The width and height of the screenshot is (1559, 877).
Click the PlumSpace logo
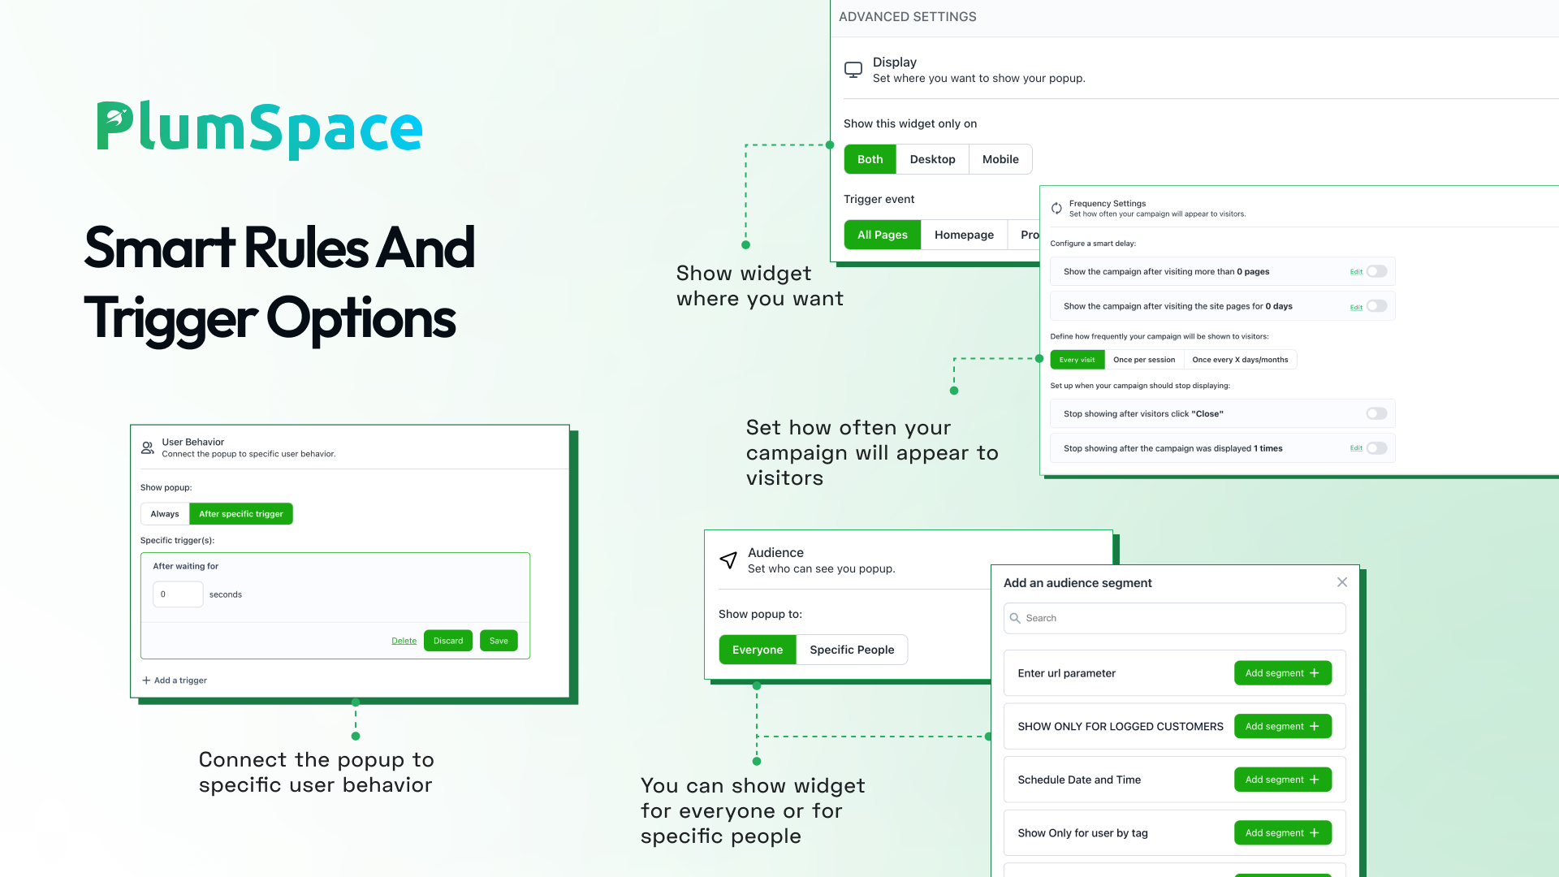[x=260, y=127]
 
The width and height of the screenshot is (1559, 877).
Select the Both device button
[x=870, y=159]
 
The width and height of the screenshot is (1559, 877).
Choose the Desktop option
[x=932, y=159]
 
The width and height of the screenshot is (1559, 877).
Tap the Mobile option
[x=1000, y=159]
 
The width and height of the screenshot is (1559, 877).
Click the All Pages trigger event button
[x=883, y=235]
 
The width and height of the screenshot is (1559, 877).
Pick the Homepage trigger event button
[x=964, y=235]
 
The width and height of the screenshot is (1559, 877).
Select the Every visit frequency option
[x=1077, y=360]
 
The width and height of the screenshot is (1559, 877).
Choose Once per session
[x=1144, y=360]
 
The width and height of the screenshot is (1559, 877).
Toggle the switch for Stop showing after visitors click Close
[x=1376, y=413]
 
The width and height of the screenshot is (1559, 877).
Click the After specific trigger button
[x=241, y=514]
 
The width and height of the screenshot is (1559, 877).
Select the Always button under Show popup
[x=165, y=514]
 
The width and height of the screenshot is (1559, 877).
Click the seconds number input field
[x=178, y=594]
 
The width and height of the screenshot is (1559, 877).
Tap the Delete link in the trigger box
[x=404, y=641]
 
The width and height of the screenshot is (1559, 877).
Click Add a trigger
[x=175, y=680]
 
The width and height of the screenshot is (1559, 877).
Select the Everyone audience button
[x=758, y=650]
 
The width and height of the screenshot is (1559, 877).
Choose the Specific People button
[x=852, y=650]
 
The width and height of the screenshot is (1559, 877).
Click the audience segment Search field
[x=1175, y=618]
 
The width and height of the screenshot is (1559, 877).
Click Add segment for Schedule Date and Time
[x=1283, y=780]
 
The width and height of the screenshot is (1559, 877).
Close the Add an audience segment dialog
[x=1342, y=582]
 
